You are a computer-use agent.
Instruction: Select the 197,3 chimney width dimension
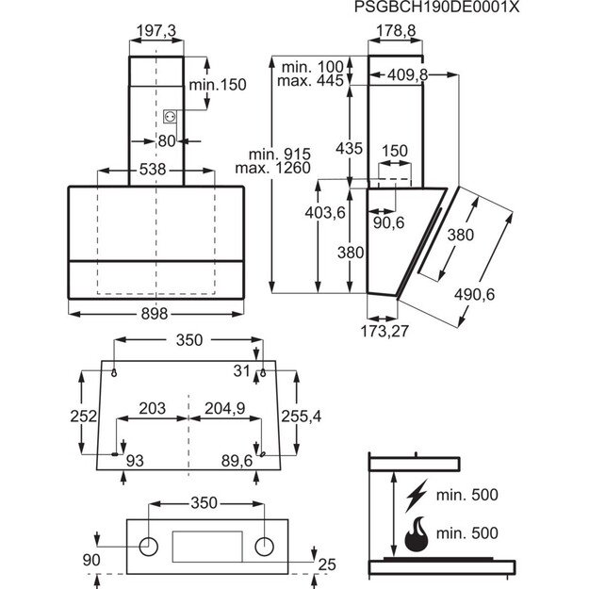click(x=156, y=31)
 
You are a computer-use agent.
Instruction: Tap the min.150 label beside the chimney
click(x=218, y=85)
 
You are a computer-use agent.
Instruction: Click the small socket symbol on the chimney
click(x=171, y=116)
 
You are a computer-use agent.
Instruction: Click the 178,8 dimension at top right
click(x=389, y=31)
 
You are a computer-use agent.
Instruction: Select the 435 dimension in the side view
click(x=348, y=148)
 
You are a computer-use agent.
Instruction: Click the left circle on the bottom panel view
click(x=148, y=546)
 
